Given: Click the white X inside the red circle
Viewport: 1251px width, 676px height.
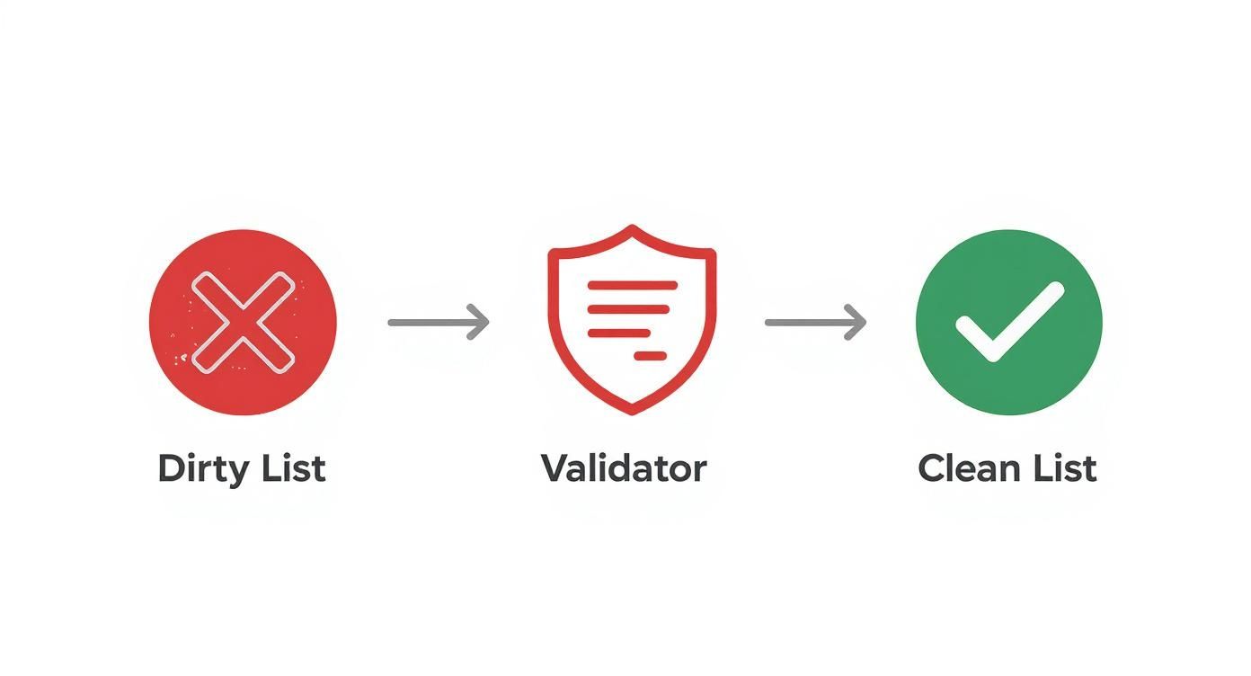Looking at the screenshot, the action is click(243, 322).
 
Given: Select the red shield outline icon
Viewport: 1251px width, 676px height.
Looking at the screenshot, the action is click(632, 320).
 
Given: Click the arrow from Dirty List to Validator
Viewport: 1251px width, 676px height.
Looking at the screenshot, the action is click(439, 322).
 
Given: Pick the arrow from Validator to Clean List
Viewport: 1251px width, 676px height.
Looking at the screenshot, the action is click(815, 322).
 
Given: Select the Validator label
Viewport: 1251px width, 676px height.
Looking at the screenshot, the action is click(624, 468).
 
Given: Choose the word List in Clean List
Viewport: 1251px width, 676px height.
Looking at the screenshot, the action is click(1066, 468).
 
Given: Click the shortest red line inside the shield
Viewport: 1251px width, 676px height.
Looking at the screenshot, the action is click(650, 356).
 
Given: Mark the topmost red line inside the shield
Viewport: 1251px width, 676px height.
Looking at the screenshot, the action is click(632, 285).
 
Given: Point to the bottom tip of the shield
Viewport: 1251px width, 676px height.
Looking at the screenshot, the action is click(632, 413).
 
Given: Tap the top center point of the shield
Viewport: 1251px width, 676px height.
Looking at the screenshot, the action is click(632, 227).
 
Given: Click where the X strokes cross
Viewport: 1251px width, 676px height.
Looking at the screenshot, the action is click(243, 322).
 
